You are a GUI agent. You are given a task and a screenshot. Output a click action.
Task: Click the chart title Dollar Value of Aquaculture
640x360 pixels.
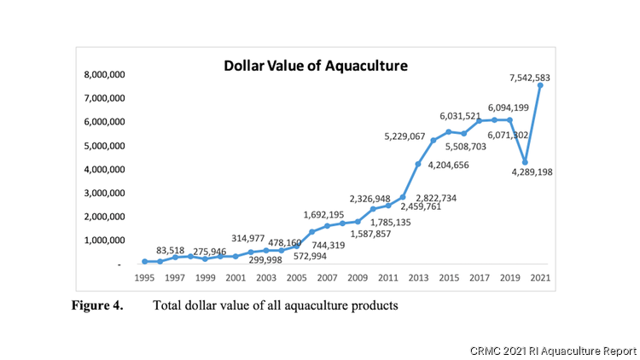click(316, 65)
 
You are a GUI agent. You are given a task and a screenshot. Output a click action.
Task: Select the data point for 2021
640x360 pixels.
click(540, 84)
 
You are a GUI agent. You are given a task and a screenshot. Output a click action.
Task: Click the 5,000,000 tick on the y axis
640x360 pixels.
click(102, 146)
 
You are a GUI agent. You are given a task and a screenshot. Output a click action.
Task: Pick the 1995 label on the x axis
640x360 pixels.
click(145, 279)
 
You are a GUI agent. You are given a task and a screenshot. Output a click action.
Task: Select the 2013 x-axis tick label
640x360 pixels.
click(419, 279)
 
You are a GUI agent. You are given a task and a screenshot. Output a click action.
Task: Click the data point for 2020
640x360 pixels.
click(525, 162)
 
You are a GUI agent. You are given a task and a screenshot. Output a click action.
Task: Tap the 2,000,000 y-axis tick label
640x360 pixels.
click(102, 218)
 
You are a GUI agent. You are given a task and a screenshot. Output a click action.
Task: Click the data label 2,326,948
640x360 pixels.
click(375, 199)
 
